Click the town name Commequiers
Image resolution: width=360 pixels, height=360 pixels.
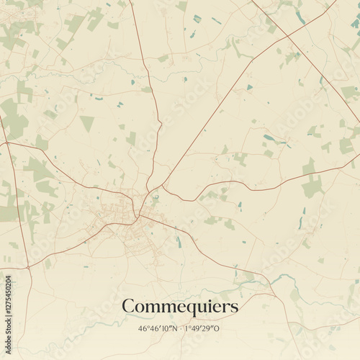[x=180, y=307]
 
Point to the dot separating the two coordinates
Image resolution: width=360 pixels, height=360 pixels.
[x=180, y=328]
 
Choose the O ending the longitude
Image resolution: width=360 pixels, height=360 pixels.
[x=218, y=328]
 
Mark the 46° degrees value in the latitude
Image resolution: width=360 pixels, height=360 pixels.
[x=144, y=328]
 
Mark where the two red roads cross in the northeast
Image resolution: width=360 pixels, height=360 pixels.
[x=287, y=36]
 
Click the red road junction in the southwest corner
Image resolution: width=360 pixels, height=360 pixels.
[x=28, y=267]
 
